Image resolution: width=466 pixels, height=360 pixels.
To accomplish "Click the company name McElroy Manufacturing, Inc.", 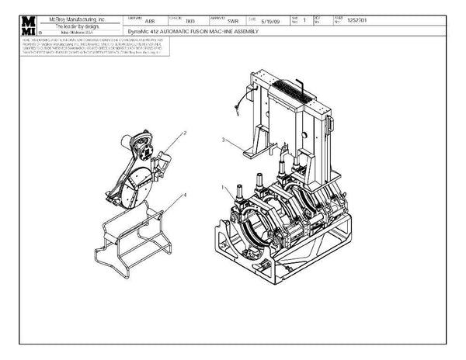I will tap(78, 16).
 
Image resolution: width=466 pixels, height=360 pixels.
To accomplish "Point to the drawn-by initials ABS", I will tap(140, 22).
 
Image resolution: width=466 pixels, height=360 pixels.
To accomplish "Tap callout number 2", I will tap(184, 133).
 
